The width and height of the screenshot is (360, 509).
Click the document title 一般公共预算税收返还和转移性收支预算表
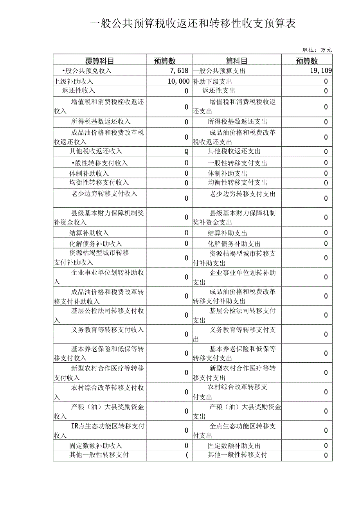pyautogui.click(x=193, y=24)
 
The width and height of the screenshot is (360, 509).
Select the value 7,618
pyautogui.click(x=180, y=71)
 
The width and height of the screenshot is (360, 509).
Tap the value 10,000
pyautogui.click(x=178, y=81)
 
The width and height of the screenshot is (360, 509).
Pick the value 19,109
pyautogui.click(x=320, y=71)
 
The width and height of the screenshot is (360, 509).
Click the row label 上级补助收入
pyautogui.click(x=74, y=81)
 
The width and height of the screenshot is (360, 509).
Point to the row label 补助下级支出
pyautogui.click(x=212, y=81)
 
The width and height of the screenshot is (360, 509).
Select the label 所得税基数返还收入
pyautogui.click(x=101, y=122)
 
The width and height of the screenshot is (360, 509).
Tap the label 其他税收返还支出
pyautogui.click(x=234, y=151)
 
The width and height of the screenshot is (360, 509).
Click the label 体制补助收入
pyautogui.click(x=89, y=173)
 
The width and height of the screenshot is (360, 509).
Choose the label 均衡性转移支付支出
pyautogui.click(x=237, y=182)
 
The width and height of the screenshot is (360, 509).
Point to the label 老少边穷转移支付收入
pyautogui.click(x=104, y=193)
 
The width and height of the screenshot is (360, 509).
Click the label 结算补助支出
pyautogui.click(x=227, y=233)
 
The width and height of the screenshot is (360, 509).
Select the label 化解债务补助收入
pyautogui.click(x=96, y=243)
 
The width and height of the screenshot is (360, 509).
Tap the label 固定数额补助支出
pyautogui.click(x=234, y=446)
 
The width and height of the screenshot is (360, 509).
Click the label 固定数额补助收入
pyautogui.click(x=96, y=446)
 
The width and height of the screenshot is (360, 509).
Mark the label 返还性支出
pyautogui.click(x=219, y=91)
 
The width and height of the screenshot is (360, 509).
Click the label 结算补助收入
pyautogui.click(x=89, y=233)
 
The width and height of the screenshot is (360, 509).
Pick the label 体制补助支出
pyautogui.click(x=227, y=173)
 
